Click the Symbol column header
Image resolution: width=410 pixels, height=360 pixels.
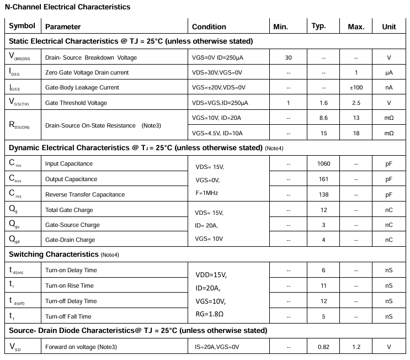[x=22, y=26]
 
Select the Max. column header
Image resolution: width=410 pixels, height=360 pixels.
[x=356, y=27]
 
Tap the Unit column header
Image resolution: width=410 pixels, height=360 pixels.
[x=389, y=27]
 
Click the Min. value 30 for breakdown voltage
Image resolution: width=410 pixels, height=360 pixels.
[x=289, y=57]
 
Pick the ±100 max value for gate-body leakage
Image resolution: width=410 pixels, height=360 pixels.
[x=356, y=87]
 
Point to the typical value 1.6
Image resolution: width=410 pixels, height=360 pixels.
[x=323, y=103]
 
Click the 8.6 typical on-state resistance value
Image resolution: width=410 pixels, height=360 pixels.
[x=323, y=118]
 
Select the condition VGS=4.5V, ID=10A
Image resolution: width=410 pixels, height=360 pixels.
[x=217, y=133]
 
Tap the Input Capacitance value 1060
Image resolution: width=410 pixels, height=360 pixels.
[x=323, y=163]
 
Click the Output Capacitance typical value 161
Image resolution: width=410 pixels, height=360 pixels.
[x=323, y=179]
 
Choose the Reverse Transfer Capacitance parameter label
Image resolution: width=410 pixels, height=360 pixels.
[x=84, y=194]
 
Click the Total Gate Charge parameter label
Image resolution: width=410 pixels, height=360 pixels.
[x=69, y=210]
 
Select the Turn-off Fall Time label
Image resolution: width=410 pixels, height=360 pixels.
[x=68, y=316]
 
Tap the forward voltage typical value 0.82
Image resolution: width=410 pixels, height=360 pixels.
[x=323, y=347]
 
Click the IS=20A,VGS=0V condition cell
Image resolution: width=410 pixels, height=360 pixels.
[x=217, y=347]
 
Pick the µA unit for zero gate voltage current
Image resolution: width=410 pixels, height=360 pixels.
[x=389, y=72]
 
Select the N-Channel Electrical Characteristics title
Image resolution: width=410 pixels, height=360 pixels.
[x=68, y=7]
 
